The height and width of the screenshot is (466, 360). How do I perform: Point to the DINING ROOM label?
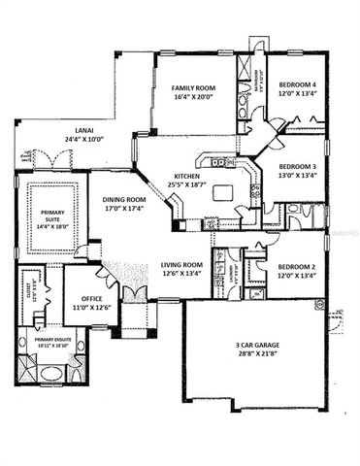(124, 199)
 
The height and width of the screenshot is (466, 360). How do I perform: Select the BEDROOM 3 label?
(299, 165)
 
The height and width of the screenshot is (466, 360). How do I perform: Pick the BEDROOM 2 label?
(298, 266)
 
